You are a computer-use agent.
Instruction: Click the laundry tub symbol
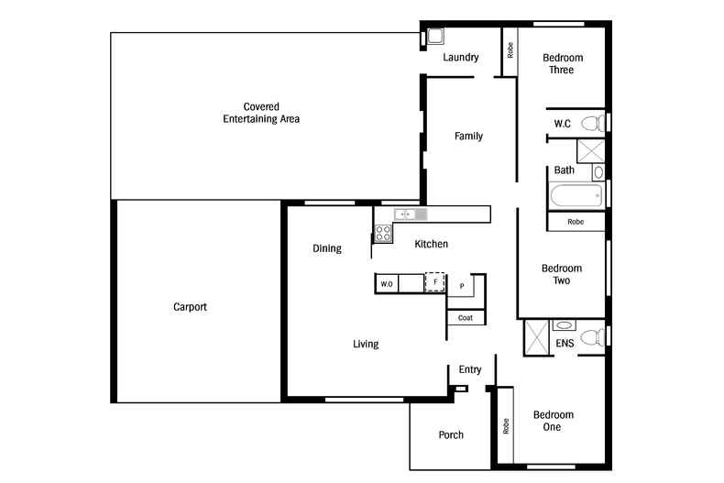point(435,37)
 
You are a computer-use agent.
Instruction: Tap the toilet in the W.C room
point(593,123)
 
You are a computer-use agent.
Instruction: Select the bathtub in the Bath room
point(576,194)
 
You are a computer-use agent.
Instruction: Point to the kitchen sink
point(405,214)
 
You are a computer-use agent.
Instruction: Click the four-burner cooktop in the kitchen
point(383,232)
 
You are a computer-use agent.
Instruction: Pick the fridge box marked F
point(435,282)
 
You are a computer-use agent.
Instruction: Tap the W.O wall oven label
point(386,284)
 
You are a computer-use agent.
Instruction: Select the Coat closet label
point(466,318)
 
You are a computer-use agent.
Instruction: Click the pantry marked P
point(462,286)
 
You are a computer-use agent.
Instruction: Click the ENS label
point(565,344)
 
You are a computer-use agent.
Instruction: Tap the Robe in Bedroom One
point(505,425)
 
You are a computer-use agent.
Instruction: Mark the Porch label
point(451,434)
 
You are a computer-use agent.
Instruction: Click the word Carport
point(190,307)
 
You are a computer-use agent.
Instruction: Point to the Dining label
point(326,248)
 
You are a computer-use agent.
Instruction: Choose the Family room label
point(468,137)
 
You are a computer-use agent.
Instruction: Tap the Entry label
point(470,369)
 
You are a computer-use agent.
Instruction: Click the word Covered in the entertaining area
point(261,106)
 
